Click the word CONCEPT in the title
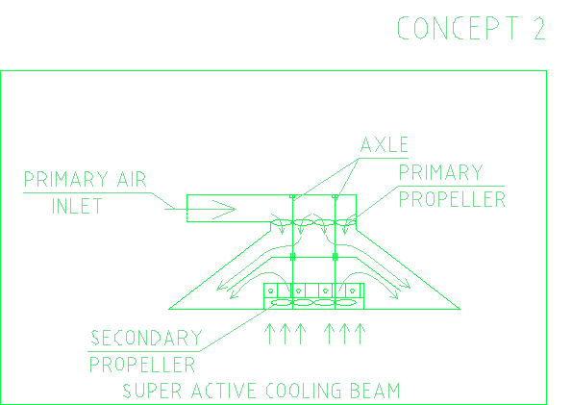[458, 28]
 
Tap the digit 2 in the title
[539, 28]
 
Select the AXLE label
[385, 144]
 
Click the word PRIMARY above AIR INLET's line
[65, 179]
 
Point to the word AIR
[132, 179]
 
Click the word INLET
[77, 206]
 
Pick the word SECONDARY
[146, 338]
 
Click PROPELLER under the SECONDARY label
[142, 365]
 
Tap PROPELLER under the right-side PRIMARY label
[452, 199]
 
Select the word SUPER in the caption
[152, 391]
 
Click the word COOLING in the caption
[304, 391]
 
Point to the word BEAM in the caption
[375, 391]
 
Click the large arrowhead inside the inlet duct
[224, 210]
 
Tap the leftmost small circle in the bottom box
[271, 291]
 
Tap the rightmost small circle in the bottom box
[353, 291]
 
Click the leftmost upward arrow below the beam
[269, 334]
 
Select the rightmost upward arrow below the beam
[360, 334]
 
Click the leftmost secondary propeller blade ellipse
[282, 302]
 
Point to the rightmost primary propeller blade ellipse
[345, 222]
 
